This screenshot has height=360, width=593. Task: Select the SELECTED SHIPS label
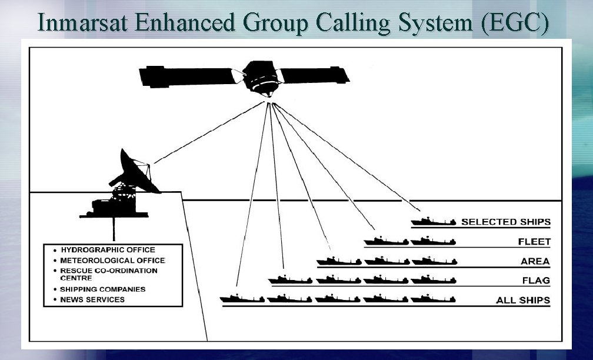505,222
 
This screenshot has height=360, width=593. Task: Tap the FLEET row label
534,242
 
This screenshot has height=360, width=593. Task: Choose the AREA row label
535,261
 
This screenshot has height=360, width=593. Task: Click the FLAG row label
536,281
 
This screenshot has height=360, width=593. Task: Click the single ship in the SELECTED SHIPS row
434,222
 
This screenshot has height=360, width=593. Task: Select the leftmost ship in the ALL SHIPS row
242,299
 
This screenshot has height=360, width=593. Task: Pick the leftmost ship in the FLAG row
290,279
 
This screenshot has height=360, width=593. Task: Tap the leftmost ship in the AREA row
338,261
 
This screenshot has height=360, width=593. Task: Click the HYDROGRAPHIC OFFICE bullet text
108,250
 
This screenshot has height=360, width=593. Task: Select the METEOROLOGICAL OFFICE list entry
112,260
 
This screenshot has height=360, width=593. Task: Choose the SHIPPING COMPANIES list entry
103,289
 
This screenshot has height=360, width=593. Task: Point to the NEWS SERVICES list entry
92,299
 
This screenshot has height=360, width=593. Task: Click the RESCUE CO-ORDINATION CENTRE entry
109,274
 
